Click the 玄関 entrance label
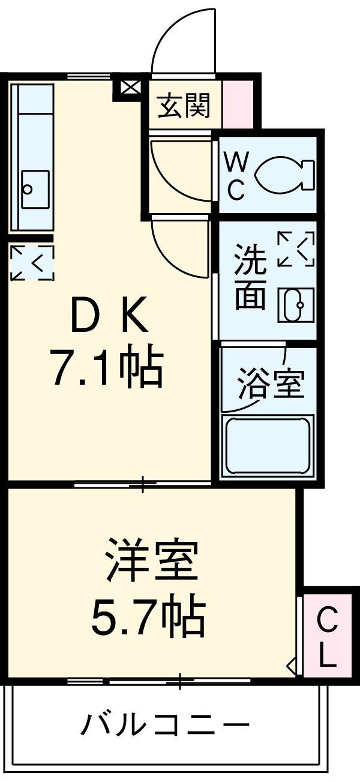[x=184, y=107]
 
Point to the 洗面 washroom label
[x=249, y=277]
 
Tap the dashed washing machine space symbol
[x=296, y=248]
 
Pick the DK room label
[x=109, y=316]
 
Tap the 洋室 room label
[x=151, y=560]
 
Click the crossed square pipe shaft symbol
[x=128, y=88]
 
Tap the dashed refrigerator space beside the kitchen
[x=32, y=263]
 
